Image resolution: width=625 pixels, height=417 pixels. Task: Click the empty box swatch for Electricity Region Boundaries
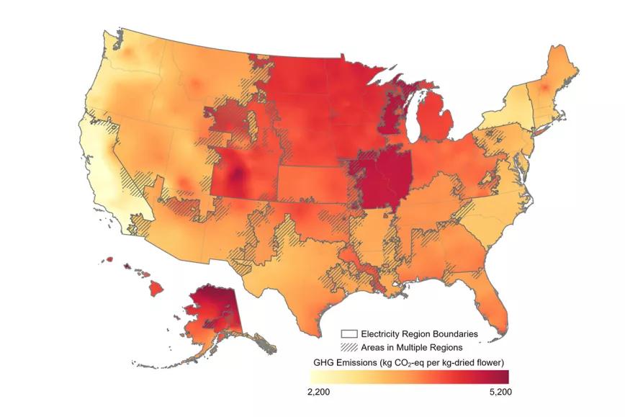point(349,334)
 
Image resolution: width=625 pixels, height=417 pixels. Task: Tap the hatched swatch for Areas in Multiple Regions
point(349,347)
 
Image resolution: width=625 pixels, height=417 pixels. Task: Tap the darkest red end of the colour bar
point(504,376)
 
